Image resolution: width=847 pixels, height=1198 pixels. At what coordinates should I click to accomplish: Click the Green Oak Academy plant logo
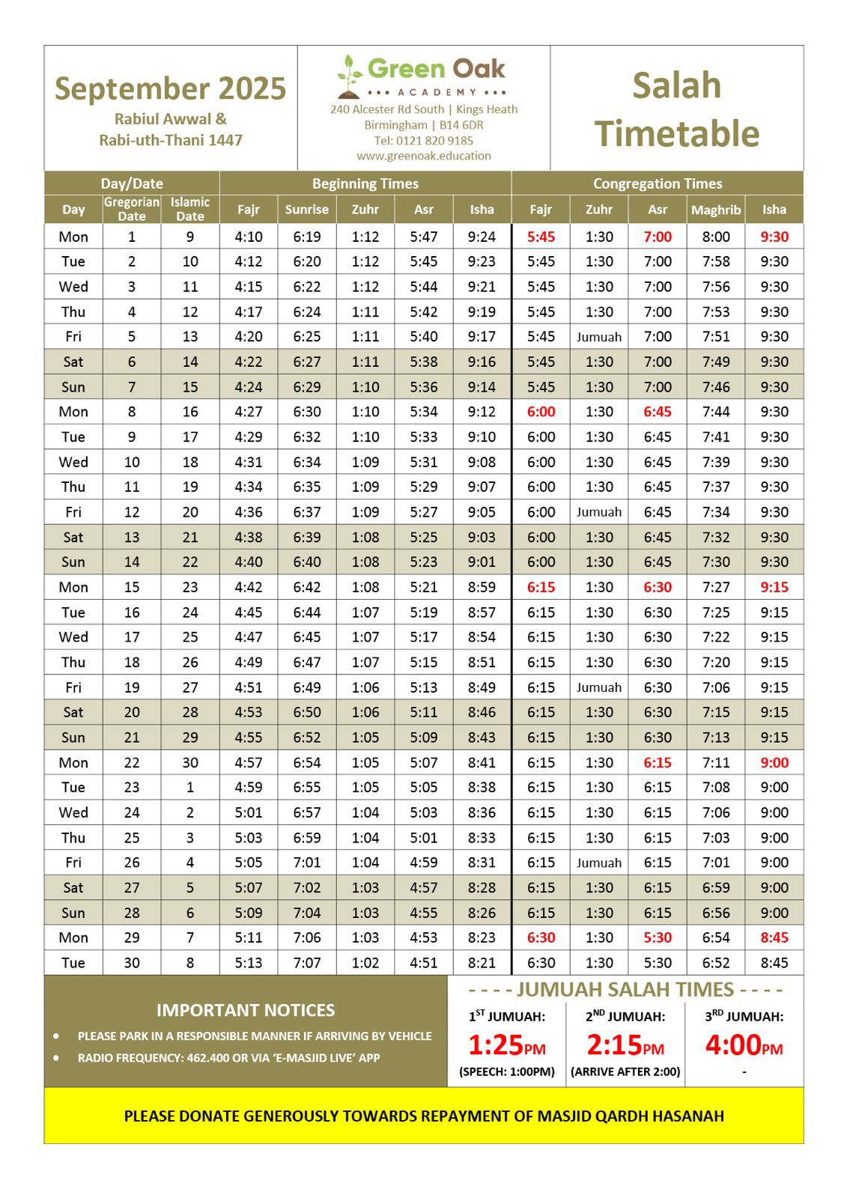[349, 76]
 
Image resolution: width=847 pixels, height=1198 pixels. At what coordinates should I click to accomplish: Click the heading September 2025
[170, 88]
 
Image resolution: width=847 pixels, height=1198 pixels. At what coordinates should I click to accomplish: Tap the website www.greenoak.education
[424, 156]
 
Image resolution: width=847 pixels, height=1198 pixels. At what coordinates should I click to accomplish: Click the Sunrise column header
[306, 210]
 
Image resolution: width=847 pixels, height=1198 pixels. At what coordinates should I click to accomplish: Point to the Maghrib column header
[715, 210]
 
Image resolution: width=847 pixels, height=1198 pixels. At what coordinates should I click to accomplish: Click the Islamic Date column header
[189, 209]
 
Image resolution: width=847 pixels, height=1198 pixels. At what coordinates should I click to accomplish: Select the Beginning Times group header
[365, 183]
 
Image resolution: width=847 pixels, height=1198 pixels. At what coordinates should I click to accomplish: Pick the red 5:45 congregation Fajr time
[541, 237]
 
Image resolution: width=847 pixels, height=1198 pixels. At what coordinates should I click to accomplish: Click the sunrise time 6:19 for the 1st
[306, 237]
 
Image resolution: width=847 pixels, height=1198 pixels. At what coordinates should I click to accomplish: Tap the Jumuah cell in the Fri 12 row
[599, 512]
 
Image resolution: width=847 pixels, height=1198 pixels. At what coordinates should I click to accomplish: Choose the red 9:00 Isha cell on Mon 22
[774, 762]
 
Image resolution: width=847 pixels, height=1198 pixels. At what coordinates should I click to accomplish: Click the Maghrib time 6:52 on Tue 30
[716, 963]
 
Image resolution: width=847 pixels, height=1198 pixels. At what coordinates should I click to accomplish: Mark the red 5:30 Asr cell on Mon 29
[658, 937]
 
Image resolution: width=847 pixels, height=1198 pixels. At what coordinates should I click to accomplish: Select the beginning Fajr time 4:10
[248, 237]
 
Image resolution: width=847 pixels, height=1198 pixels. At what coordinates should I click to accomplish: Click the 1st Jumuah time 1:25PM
[507, 1045]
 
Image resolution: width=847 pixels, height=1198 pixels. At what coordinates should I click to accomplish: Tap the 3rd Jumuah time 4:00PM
[744, 1045]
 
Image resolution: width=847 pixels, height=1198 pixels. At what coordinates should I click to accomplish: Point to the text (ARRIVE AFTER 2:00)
[625, 1071]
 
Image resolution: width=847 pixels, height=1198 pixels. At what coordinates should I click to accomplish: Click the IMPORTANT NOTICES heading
[246, 1010]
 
